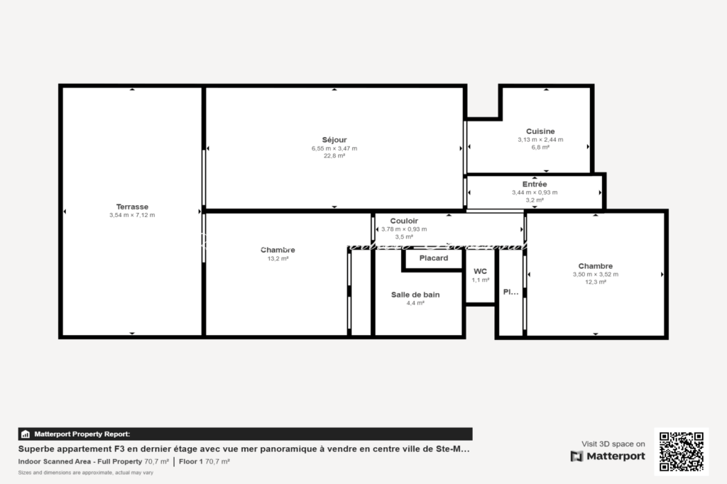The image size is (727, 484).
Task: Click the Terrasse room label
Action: [x=132, y=207]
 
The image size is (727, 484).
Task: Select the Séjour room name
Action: [x=334, y=140]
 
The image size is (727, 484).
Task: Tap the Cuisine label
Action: [x=540, y=131]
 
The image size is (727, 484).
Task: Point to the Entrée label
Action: [x=535, y=184]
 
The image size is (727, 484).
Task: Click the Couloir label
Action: [x=404, y=221]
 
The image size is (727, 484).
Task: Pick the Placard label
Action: [x=433, y=258]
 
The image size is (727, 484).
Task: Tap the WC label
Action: [x=480, y=271]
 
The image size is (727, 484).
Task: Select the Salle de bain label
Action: [x=415, y=295]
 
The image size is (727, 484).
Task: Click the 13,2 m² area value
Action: [x=278, y=259]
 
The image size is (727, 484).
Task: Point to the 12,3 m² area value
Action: [x=595, y=282]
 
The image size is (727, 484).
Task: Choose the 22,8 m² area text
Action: [x=334, y=156]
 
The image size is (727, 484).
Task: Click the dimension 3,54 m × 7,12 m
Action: [x=132, y=215]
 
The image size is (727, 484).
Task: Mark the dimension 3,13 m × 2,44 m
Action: [x=540, y=140]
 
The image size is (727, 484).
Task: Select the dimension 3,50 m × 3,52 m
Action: [x=595, y=275]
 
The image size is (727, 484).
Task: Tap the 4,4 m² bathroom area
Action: [x=415, y=303]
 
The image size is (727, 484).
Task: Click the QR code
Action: [x=682, y=451]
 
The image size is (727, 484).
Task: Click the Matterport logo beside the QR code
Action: [x=608, y=456]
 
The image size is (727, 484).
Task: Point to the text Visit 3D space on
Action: [x=613, y=444]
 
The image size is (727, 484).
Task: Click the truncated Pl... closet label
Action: [x=510, y=292]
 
